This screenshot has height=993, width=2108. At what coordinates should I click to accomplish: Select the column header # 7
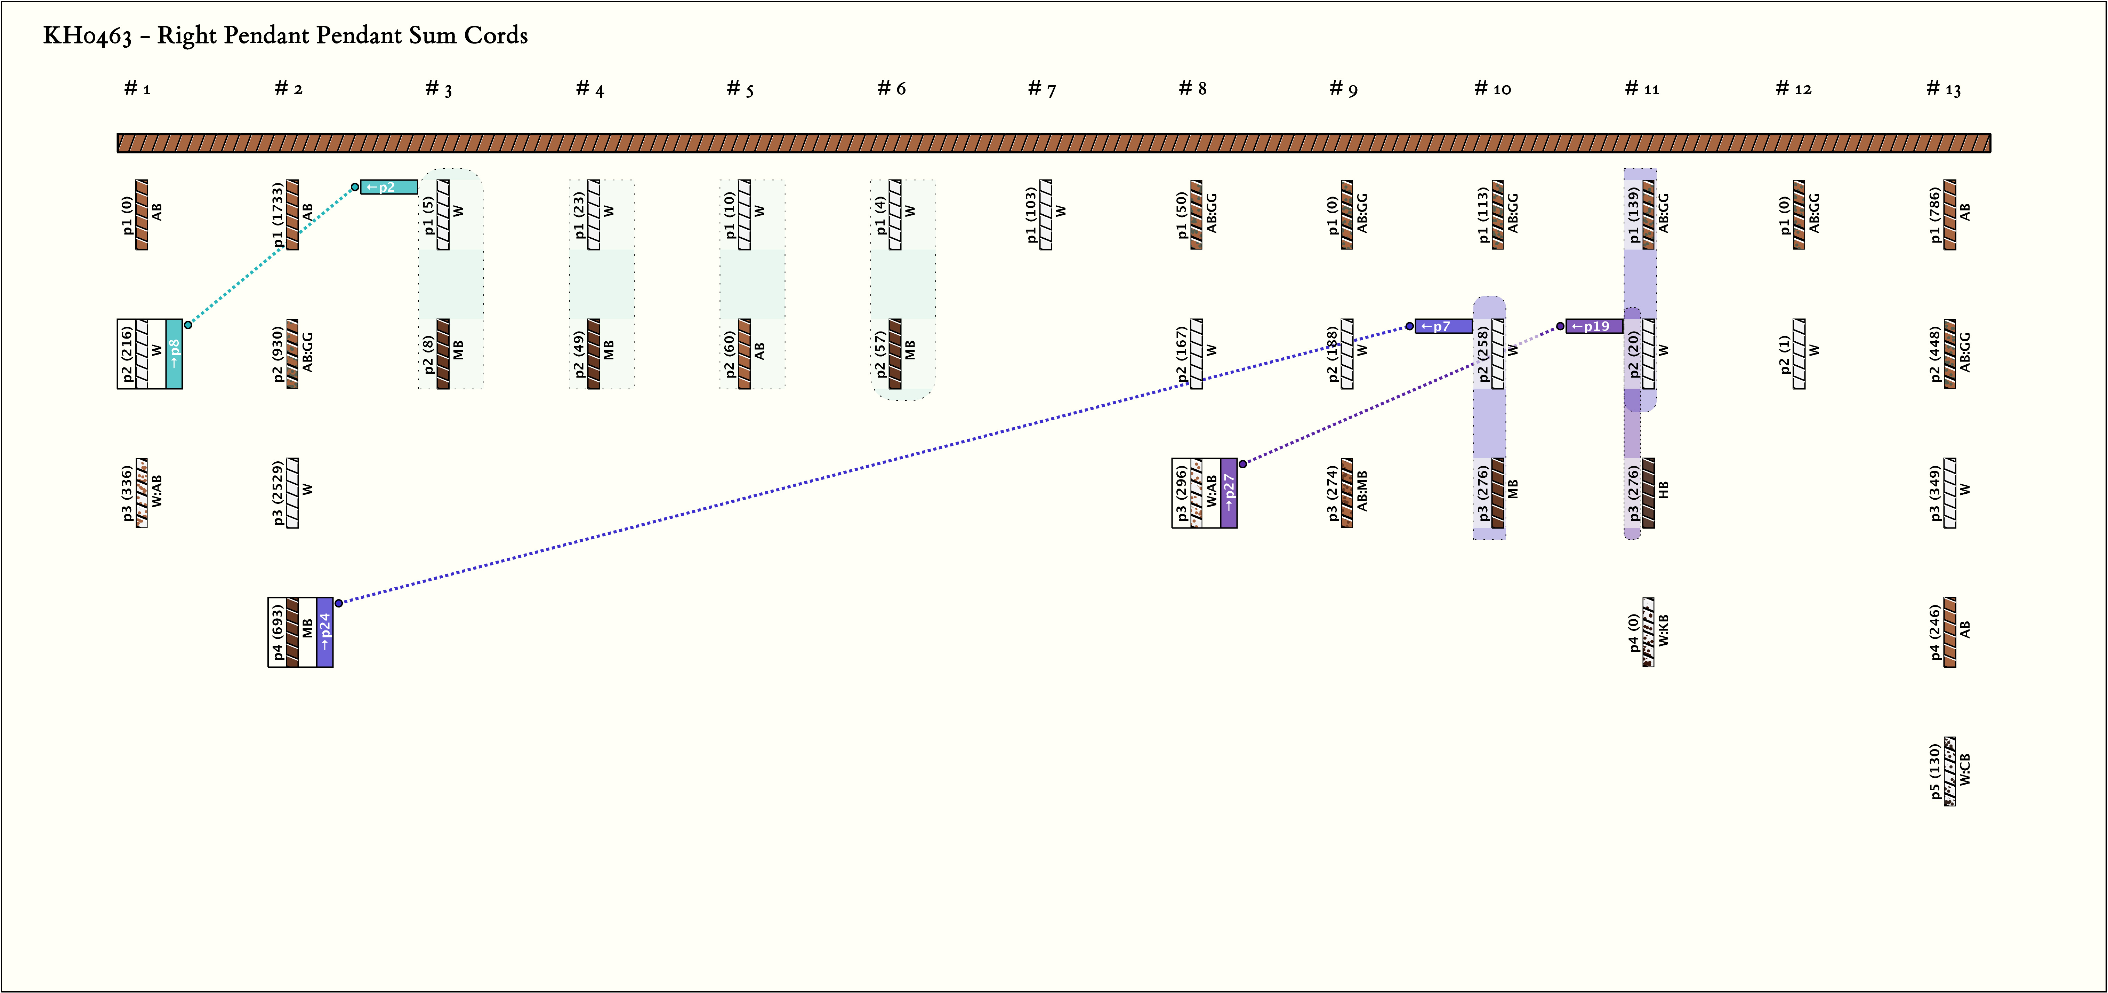pyautogui.click(x=1042, y=88)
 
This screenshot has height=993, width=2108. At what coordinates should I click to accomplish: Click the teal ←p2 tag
pyautogui.click(x=389, y=188)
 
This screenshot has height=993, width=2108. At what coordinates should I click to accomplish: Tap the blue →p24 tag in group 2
pyautogui.click(x=325, y=632)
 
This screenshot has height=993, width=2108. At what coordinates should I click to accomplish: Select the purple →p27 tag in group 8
pyautogui.click(x=1228, y=493)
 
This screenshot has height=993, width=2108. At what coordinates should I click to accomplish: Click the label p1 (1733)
pyautogui.click(x=278, y=214)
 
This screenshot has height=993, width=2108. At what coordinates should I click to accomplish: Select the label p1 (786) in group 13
pyautogui.click(x=1934, y=214)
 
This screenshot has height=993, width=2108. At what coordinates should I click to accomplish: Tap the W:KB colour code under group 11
pyautogui.click(x=1664, y=632)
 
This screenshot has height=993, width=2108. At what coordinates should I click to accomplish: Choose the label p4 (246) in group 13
pyautogui.click(x=1934, y=632)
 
